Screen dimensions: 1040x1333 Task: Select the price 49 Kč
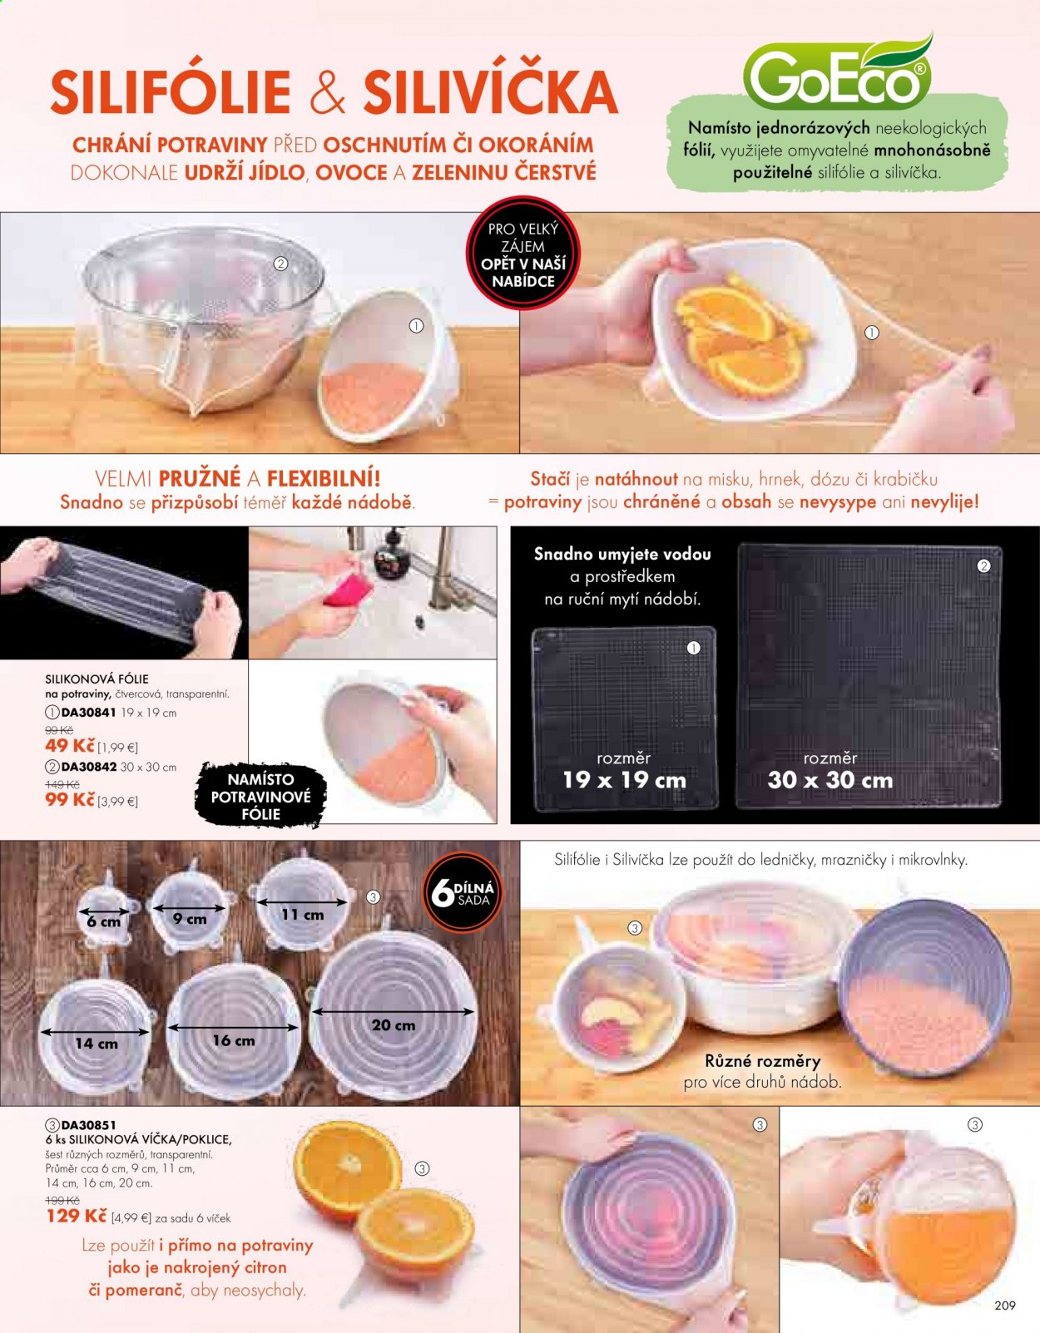pyautogui.click(x=70, y=746)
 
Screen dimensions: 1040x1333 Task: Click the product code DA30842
pyautogui.click(x=89, y=768)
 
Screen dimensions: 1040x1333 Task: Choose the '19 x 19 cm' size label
pyautogui.click(x=625, y=780)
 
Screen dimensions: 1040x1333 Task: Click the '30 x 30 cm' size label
pyautogui.click(x=830, y=780)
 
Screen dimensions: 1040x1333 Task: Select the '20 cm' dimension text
pyautogui.click(x=394, y=1025)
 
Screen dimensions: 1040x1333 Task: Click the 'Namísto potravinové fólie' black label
pyautogui.click(x=260, y=797)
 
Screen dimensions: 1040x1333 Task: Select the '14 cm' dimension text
pyautogui.click(x=97, y=1044)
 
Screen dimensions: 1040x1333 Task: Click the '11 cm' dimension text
pyautogui.click(x=303, y=915)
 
